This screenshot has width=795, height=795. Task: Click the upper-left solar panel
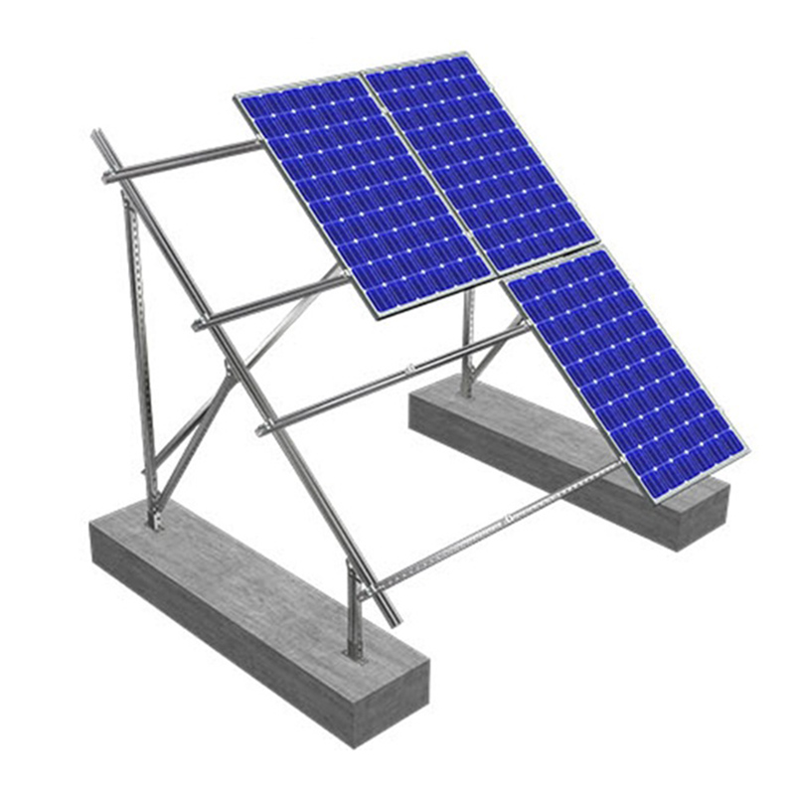(x=363, y=194)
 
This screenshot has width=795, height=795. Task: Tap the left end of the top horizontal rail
(x=108, y=178)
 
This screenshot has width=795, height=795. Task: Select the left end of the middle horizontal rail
(x=199, y=324)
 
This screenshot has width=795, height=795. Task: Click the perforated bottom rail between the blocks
(x=497, y=527)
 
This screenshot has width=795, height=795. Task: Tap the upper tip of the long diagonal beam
(x=96, y=133)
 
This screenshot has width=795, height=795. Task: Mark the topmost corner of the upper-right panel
(x=467, y=54)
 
